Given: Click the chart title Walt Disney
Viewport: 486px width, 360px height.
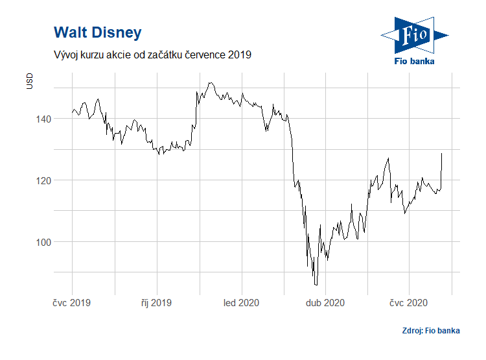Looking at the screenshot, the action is (x=98, y=32).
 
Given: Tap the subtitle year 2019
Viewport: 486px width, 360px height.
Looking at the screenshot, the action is (x=240, y=54).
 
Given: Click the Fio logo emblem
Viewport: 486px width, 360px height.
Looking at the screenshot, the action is (x=415, y=35).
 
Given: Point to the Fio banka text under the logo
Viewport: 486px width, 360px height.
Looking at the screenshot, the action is (x=414, y=61).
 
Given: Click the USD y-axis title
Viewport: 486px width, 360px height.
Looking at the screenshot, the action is (x=29, y=81).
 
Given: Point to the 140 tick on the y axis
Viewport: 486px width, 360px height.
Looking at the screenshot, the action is (x=43, y=119).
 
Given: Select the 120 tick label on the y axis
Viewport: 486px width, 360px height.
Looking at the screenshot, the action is (x=43, y=180).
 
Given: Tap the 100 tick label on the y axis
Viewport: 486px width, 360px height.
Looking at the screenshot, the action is (x=43, y=242).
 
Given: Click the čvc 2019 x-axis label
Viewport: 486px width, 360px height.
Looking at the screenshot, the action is (x=71, y=302).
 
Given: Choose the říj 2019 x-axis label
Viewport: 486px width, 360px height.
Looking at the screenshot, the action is (x=156, y=302).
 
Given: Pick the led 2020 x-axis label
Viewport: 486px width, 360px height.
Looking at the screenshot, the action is (x=241, y=302).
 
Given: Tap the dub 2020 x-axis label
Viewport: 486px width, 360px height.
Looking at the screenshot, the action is (x=325, y=302).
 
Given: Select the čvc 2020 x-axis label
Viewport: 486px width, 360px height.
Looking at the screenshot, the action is (x=408, y=302).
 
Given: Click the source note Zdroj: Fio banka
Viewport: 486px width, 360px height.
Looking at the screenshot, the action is (x=431, y=331).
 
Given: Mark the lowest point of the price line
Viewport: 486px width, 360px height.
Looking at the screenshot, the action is (x=316, y=285).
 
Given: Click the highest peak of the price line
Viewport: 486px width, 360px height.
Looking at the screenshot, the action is (x=211, y=83).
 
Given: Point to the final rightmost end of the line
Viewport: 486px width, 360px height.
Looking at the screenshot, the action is (x=441, y=153).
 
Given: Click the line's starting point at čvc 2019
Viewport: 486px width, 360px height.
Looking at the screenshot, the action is (x=72, y=112).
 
